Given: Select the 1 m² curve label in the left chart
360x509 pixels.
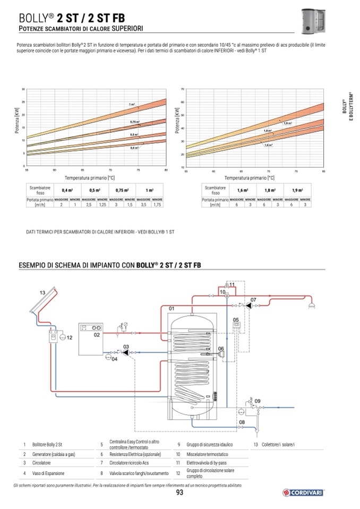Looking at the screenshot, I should (x=131, y=105).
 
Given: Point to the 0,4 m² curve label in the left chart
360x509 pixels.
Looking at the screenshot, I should (x=134, y=148).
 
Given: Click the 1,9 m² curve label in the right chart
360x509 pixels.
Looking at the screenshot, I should (x=288, y=123).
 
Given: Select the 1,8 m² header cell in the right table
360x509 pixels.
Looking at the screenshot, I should (x=271, y=190).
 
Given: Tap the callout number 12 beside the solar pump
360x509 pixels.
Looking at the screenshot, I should (x=69, y=338).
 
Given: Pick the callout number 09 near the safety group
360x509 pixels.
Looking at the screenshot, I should (x=258, y=401).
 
